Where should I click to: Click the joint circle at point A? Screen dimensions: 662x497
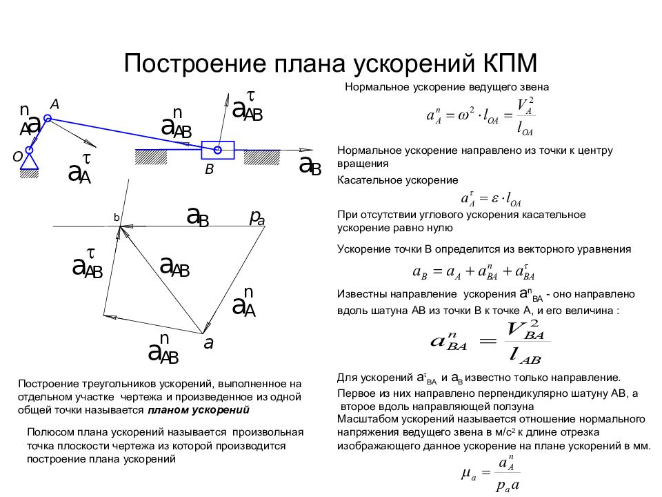tap(48, 118)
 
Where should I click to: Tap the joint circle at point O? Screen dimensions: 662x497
tap(29, 150)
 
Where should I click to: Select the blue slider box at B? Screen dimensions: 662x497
tap(218, 150)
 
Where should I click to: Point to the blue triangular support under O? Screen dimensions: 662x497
tap(30, 162)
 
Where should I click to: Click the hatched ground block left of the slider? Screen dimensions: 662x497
tap(151, 157)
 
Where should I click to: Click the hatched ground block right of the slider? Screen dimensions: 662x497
tap(262, 157)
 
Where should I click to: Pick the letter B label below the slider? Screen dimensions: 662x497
tap(210, 170)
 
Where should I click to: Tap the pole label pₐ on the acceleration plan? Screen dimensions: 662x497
tap(257, 217)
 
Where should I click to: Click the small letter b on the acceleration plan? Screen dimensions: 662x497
tap(117, 217)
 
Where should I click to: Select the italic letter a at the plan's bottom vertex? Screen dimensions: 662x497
tap(208, 344)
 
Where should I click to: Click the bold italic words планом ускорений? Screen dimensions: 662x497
tap(199, 410)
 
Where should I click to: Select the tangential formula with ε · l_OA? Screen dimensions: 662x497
tap(491, 198)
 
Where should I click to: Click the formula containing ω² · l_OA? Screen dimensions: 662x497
tap(481, 116)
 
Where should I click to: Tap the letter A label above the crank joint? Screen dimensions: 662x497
tap(55, 104)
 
